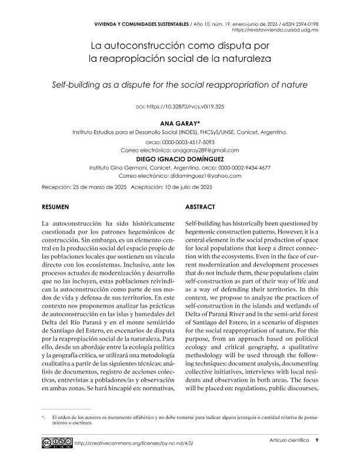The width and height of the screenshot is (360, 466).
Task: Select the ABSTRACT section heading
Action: pos(199,207)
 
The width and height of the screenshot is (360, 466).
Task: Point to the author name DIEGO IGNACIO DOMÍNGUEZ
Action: pos(179,159)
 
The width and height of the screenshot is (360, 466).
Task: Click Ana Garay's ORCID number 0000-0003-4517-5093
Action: pos(188,142)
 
